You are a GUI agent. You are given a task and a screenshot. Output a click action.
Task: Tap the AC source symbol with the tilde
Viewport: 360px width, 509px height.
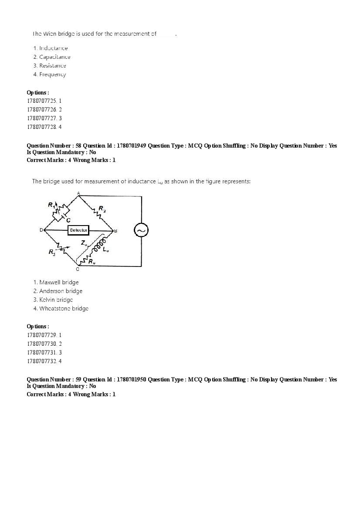tap(141, 230)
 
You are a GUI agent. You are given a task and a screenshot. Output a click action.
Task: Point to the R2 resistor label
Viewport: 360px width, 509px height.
tap(102, 209)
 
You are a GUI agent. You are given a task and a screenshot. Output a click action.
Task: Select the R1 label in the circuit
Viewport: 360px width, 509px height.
tap(51, 205)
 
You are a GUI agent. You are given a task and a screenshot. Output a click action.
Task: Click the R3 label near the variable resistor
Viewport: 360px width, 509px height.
tap(51, 252)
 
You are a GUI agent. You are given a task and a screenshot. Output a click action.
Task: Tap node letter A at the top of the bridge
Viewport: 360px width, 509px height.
tap(78, 193)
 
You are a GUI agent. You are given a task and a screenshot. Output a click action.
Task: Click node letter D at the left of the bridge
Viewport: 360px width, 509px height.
tap(41, 230)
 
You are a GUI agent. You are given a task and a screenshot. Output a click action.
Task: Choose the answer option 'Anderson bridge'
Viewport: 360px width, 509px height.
tap(61, 291)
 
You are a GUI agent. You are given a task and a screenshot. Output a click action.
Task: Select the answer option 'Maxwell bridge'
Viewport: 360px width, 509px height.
tap(59, 282)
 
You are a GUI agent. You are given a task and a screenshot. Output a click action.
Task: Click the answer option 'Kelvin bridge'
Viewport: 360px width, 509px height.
tap(56, 300)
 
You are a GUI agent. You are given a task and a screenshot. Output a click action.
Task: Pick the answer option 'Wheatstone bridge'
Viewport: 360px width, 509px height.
tap(64, 308)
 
